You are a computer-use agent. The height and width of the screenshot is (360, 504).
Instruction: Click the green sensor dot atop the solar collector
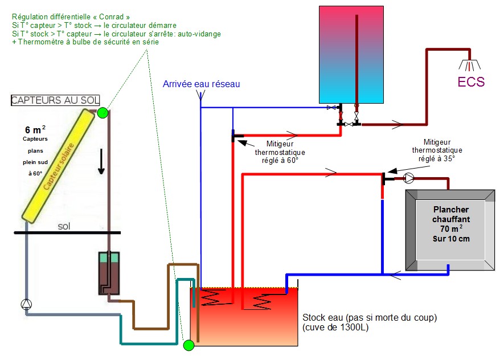click(103, 112)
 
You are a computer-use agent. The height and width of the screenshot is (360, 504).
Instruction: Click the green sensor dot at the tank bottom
click(189, 345)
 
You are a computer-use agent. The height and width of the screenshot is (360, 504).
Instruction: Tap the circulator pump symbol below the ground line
click(26, 304)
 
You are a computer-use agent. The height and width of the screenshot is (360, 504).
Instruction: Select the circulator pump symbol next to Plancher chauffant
click(409, 178)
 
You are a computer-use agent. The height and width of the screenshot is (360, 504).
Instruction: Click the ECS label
click(472, 82)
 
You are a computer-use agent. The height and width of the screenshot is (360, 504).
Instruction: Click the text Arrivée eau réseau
click(201, 84)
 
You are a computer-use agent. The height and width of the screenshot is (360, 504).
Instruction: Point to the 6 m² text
click(36, 129)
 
